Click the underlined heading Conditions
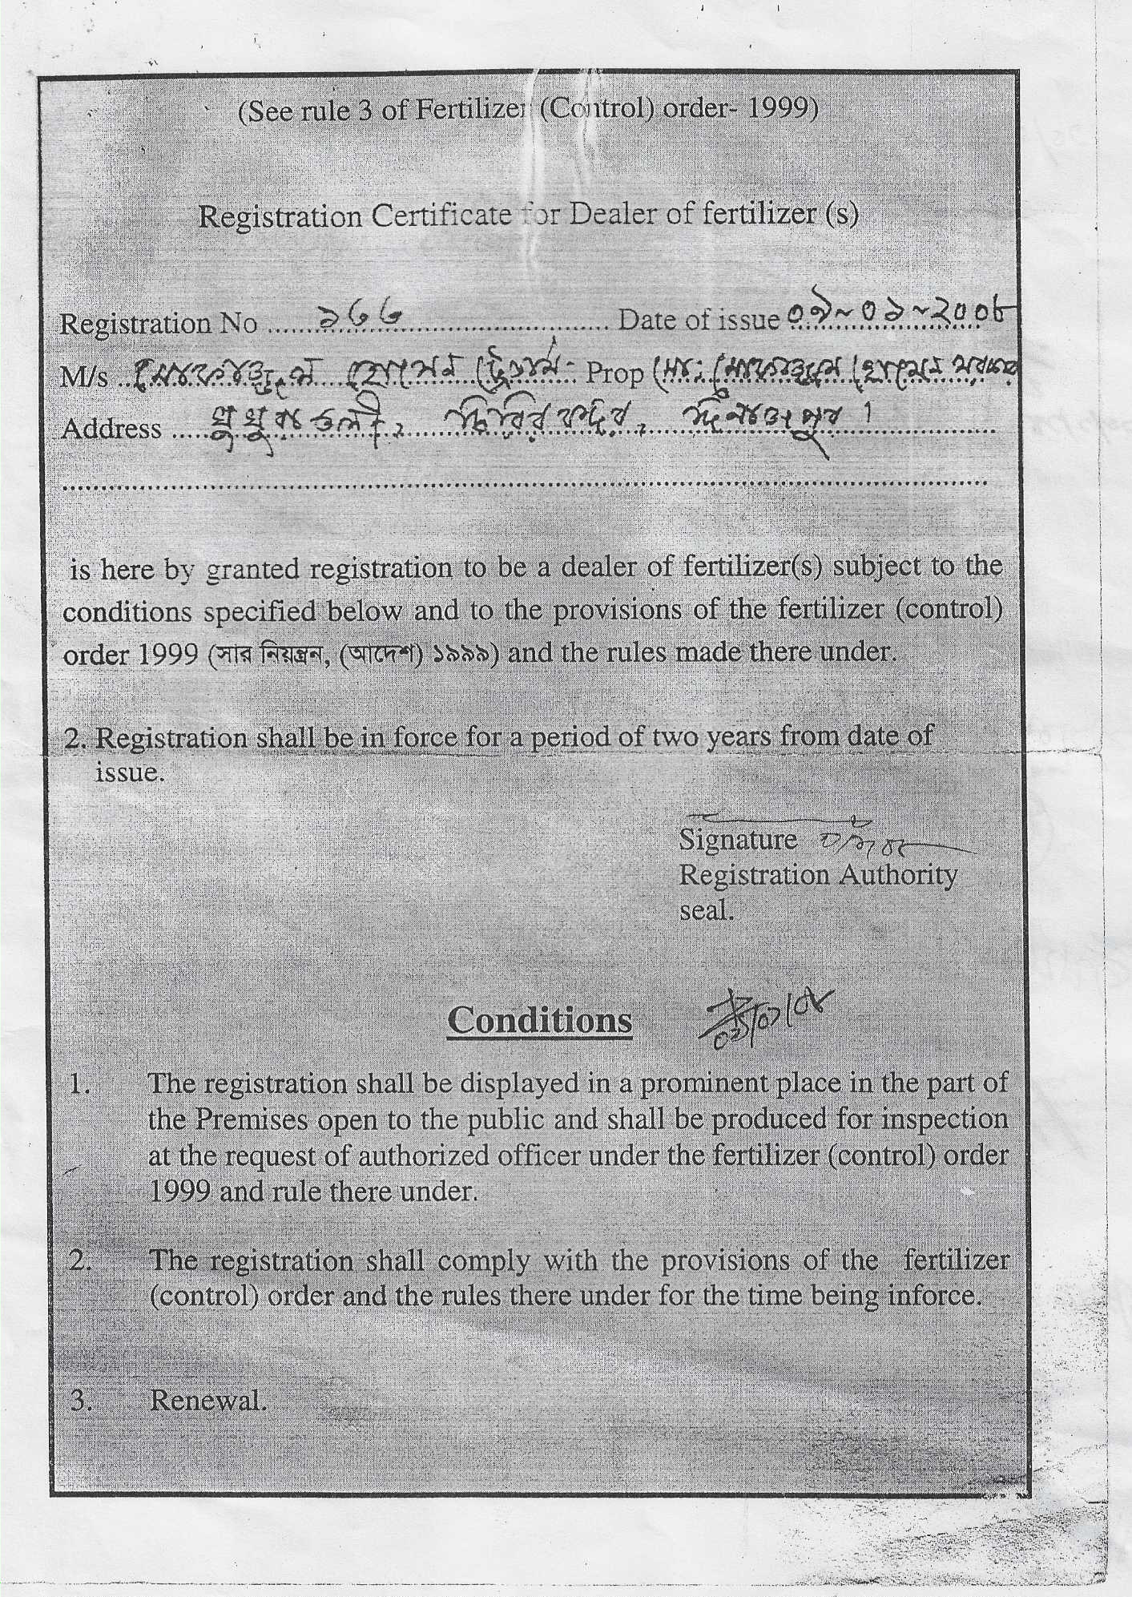click(539, 1020)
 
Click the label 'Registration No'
click(159, 324)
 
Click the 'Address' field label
click(111, 429)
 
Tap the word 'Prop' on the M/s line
click(615, 373)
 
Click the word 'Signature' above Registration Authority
click(738, 840)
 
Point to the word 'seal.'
click(707, 911)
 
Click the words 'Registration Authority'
click(817, 875)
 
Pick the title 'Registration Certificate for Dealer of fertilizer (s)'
click(528, 216)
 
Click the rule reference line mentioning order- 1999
click(528, 110)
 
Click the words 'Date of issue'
click(699, 321)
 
